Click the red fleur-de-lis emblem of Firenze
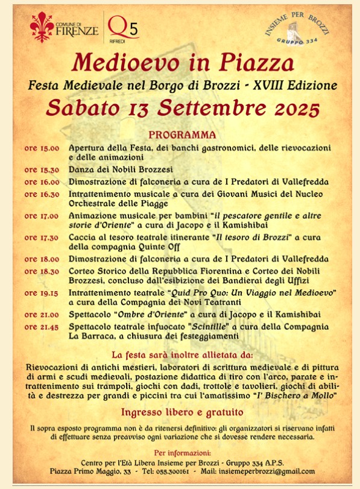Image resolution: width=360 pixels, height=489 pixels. [42, 26]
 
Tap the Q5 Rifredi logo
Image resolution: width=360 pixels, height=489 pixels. [123, 27]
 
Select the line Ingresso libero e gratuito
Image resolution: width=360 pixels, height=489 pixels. [182, 413]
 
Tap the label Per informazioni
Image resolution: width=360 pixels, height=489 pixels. [182, 452]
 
